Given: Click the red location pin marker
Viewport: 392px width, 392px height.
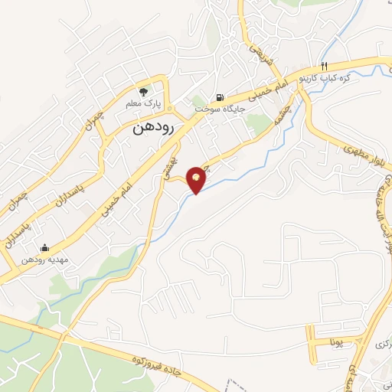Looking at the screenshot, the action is pyautogui.click(x=197, y=180).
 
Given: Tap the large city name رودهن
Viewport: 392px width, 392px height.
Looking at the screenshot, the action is pyautogui.click(x=153, y=128).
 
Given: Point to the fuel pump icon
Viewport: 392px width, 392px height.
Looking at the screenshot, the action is pyautogui.click(x=221, y=97).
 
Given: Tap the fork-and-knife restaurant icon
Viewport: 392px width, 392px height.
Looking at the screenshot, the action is pyautogui.click(x=325, y=66).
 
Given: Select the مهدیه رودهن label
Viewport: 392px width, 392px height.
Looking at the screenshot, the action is pyautogui.click(x=44, y=260).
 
